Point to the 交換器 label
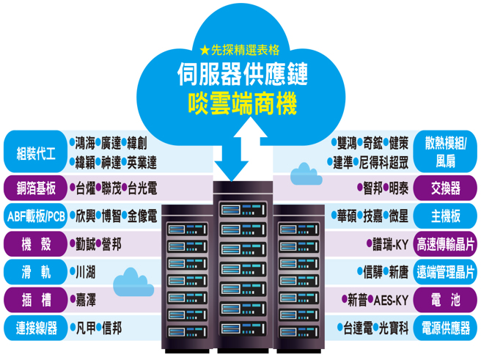(446, 188)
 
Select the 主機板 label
(446, 216)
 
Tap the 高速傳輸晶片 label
(446, 243)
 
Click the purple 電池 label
(446, 300)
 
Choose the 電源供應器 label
(446, 328)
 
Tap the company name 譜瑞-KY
(386, 243)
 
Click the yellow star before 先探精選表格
(204, 51)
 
